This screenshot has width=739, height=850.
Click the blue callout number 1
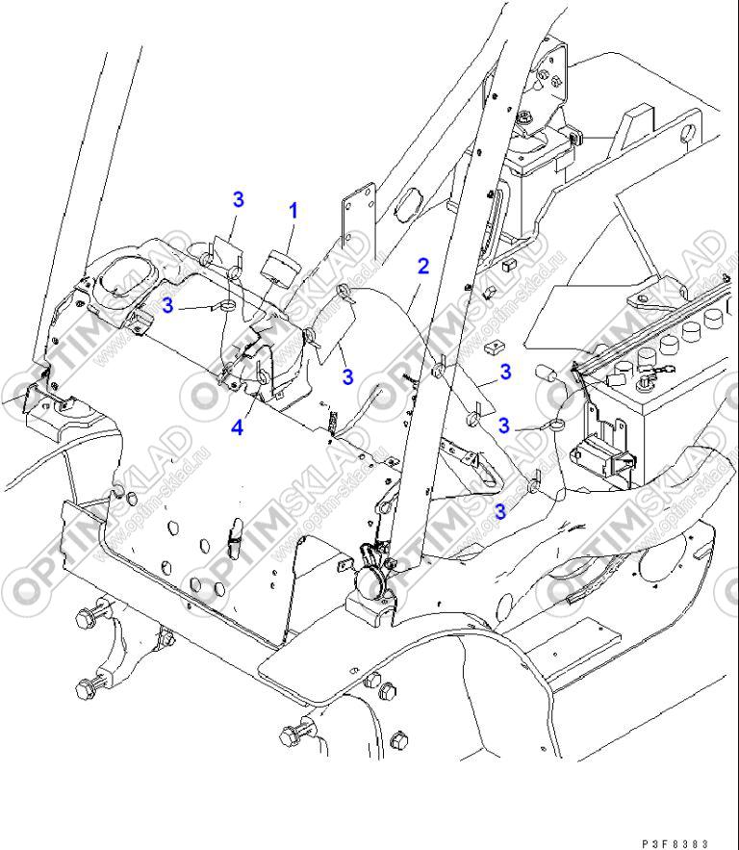[293, 209]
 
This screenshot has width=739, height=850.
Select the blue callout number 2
[422, 266]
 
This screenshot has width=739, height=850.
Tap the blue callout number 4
[237, 425]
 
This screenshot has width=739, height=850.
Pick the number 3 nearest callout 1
[238, 199]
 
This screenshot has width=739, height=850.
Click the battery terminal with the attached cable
[648, 365]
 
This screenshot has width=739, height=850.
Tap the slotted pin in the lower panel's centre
[234, 538]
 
